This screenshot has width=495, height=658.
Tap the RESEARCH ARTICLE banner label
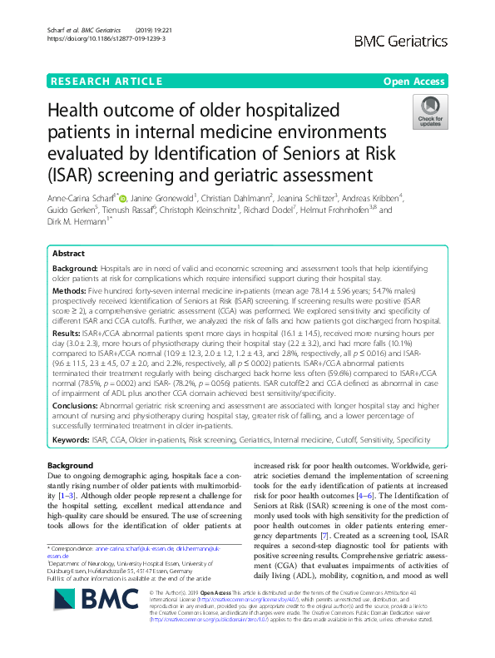[106, 81]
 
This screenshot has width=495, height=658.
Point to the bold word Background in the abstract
[74, 270]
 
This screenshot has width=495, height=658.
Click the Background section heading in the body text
[70, 465]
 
